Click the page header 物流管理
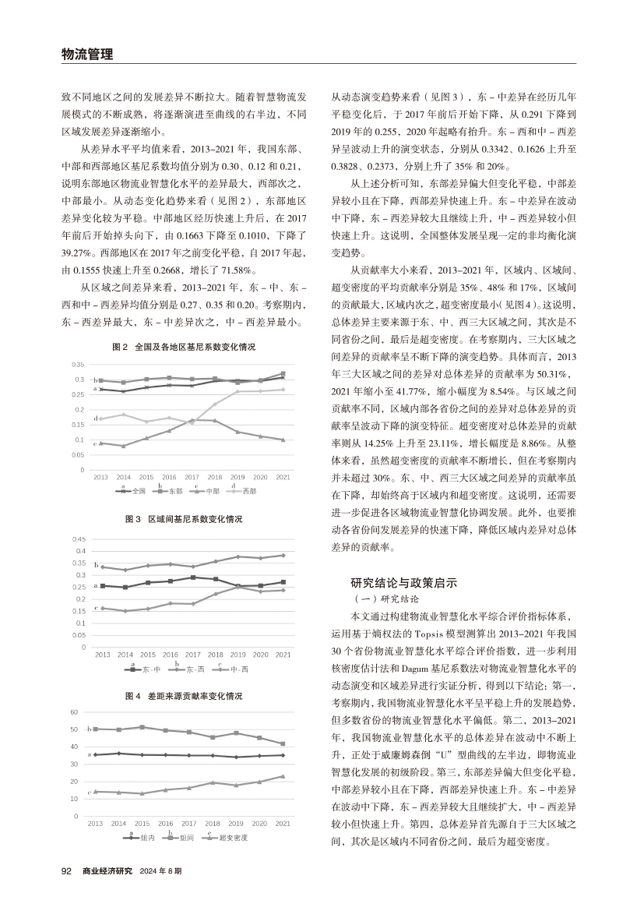86,54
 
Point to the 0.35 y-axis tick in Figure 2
78,365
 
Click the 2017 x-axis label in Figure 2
192,476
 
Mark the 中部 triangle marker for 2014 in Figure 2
124,446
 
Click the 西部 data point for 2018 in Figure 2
216,404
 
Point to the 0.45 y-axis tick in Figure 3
78,538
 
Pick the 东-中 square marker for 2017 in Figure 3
193,577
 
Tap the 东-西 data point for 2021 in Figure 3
283,556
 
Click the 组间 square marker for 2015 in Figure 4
142,727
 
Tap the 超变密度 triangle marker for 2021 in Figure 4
283,776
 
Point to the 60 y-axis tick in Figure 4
75,712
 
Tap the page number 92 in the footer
66,870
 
